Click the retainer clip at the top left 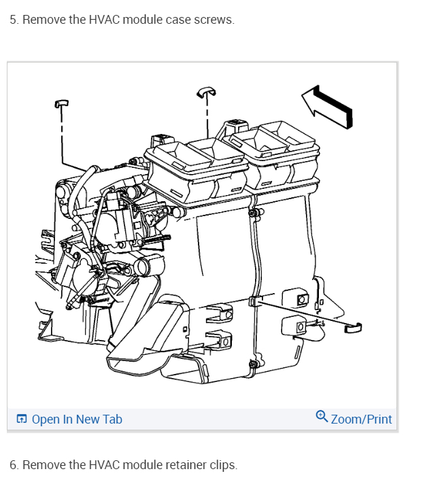point(62,102)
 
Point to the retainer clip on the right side point(354,328)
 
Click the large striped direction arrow point(328,106)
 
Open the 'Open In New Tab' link point(76,419)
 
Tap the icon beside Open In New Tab point(22,419)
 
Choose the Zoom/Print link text point(361,419)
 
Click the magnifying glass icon point(322,417)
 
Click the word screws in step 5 point(216,20)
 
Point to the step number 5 point(14,20)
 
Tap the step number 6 point(14,465)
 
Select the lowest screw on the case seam point(253,365)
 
